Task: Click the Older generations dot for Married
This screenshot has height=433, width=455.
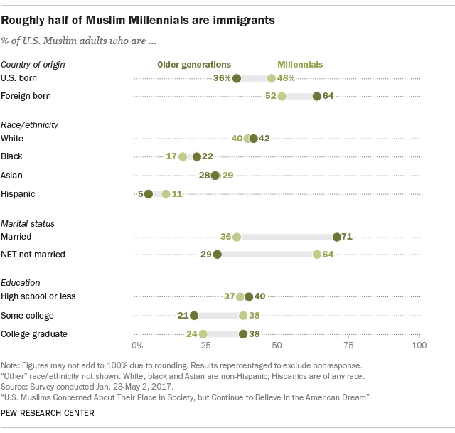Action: (337, 237)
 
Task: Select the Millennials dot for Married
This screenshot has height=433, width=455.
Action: (237, 237)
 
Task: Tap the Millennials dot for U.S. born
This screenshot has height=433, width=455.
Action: (272, 78)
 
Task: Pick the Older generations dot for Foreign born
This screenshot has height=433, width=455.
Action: (316, 96)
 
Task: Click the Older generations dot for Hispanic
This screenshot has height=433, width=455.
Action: (149, 193)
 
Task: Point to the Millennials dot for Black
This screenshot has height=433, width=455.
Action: (183, 156)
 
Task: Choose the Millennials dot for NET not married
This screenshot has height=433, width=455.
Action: (316, 254)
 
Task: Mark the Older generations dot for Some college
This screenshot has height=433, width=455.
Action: (194, 315)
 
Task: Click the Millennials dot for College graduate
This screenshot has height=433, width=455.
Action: (203, 333)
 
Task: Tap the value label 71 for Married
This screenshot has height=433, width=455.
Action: (348, 237)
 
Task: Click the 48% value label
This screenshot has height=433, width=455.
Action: (286, 78)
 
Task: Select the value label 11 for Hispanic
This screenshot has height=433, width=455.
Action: (177, 193)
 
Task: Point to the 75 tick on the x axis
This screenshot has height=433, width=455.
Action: (348, 346)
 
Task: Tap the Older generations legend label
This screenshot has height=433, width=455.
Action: (193, 64)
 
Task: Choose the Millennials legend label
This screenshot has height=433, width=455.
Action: (300, 64)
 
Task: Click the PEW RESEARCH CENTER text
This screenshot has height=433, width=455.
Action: (48, 412)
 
